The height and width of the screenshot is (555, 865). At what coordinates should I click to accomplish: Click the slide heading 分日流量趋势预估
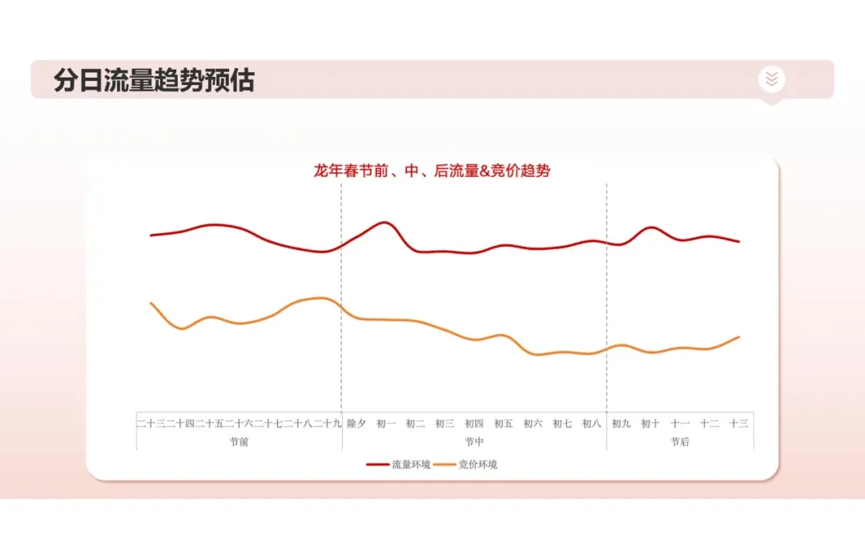coord(154,81)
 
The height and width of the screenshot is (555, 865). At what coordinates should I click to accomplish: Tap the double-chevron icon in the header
coord(771,78)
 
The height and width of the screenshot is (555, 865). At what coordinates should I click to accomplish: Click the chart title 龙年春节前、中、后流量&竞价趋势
coord(432,171)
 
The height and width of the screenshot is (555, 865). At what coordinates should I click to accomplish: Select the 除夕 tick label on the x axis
coord(356,424)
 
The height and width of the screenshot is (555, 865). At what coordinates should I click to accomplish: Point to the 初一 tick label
coord(386,424)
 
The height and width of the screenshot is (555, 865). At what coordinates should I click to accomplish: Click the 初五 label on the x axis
coord(504,424)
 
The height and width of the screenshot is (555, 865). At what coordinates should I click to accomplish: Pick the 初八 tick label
coord(592,424)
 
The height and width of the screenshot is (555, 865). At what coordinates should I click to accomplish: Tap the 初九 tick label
coord(622,424)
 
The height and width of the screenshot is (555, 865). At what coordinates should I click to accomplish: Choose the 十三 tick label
coord(738,424)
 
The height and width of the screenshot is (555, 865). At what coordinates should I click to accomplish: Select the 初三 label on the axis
coord(445,424)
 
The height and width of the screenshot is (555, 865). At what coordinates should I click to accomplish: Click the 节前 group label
coord(239,441)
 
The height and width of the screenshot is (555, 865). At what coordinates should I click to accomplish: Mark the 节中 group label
coord(474,441)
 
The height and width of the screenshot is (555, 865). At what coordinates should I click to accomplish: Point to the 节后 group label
coord(680,441)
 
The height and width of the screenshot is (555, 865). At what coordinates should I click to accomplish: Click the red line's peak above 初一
coord(384,222)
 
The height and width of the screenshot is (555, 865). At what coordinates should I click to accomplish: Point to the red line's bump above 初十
coord(651,227)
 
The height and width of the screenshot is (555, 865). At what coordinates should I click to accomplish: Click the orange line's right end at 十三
coord(738,337)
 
